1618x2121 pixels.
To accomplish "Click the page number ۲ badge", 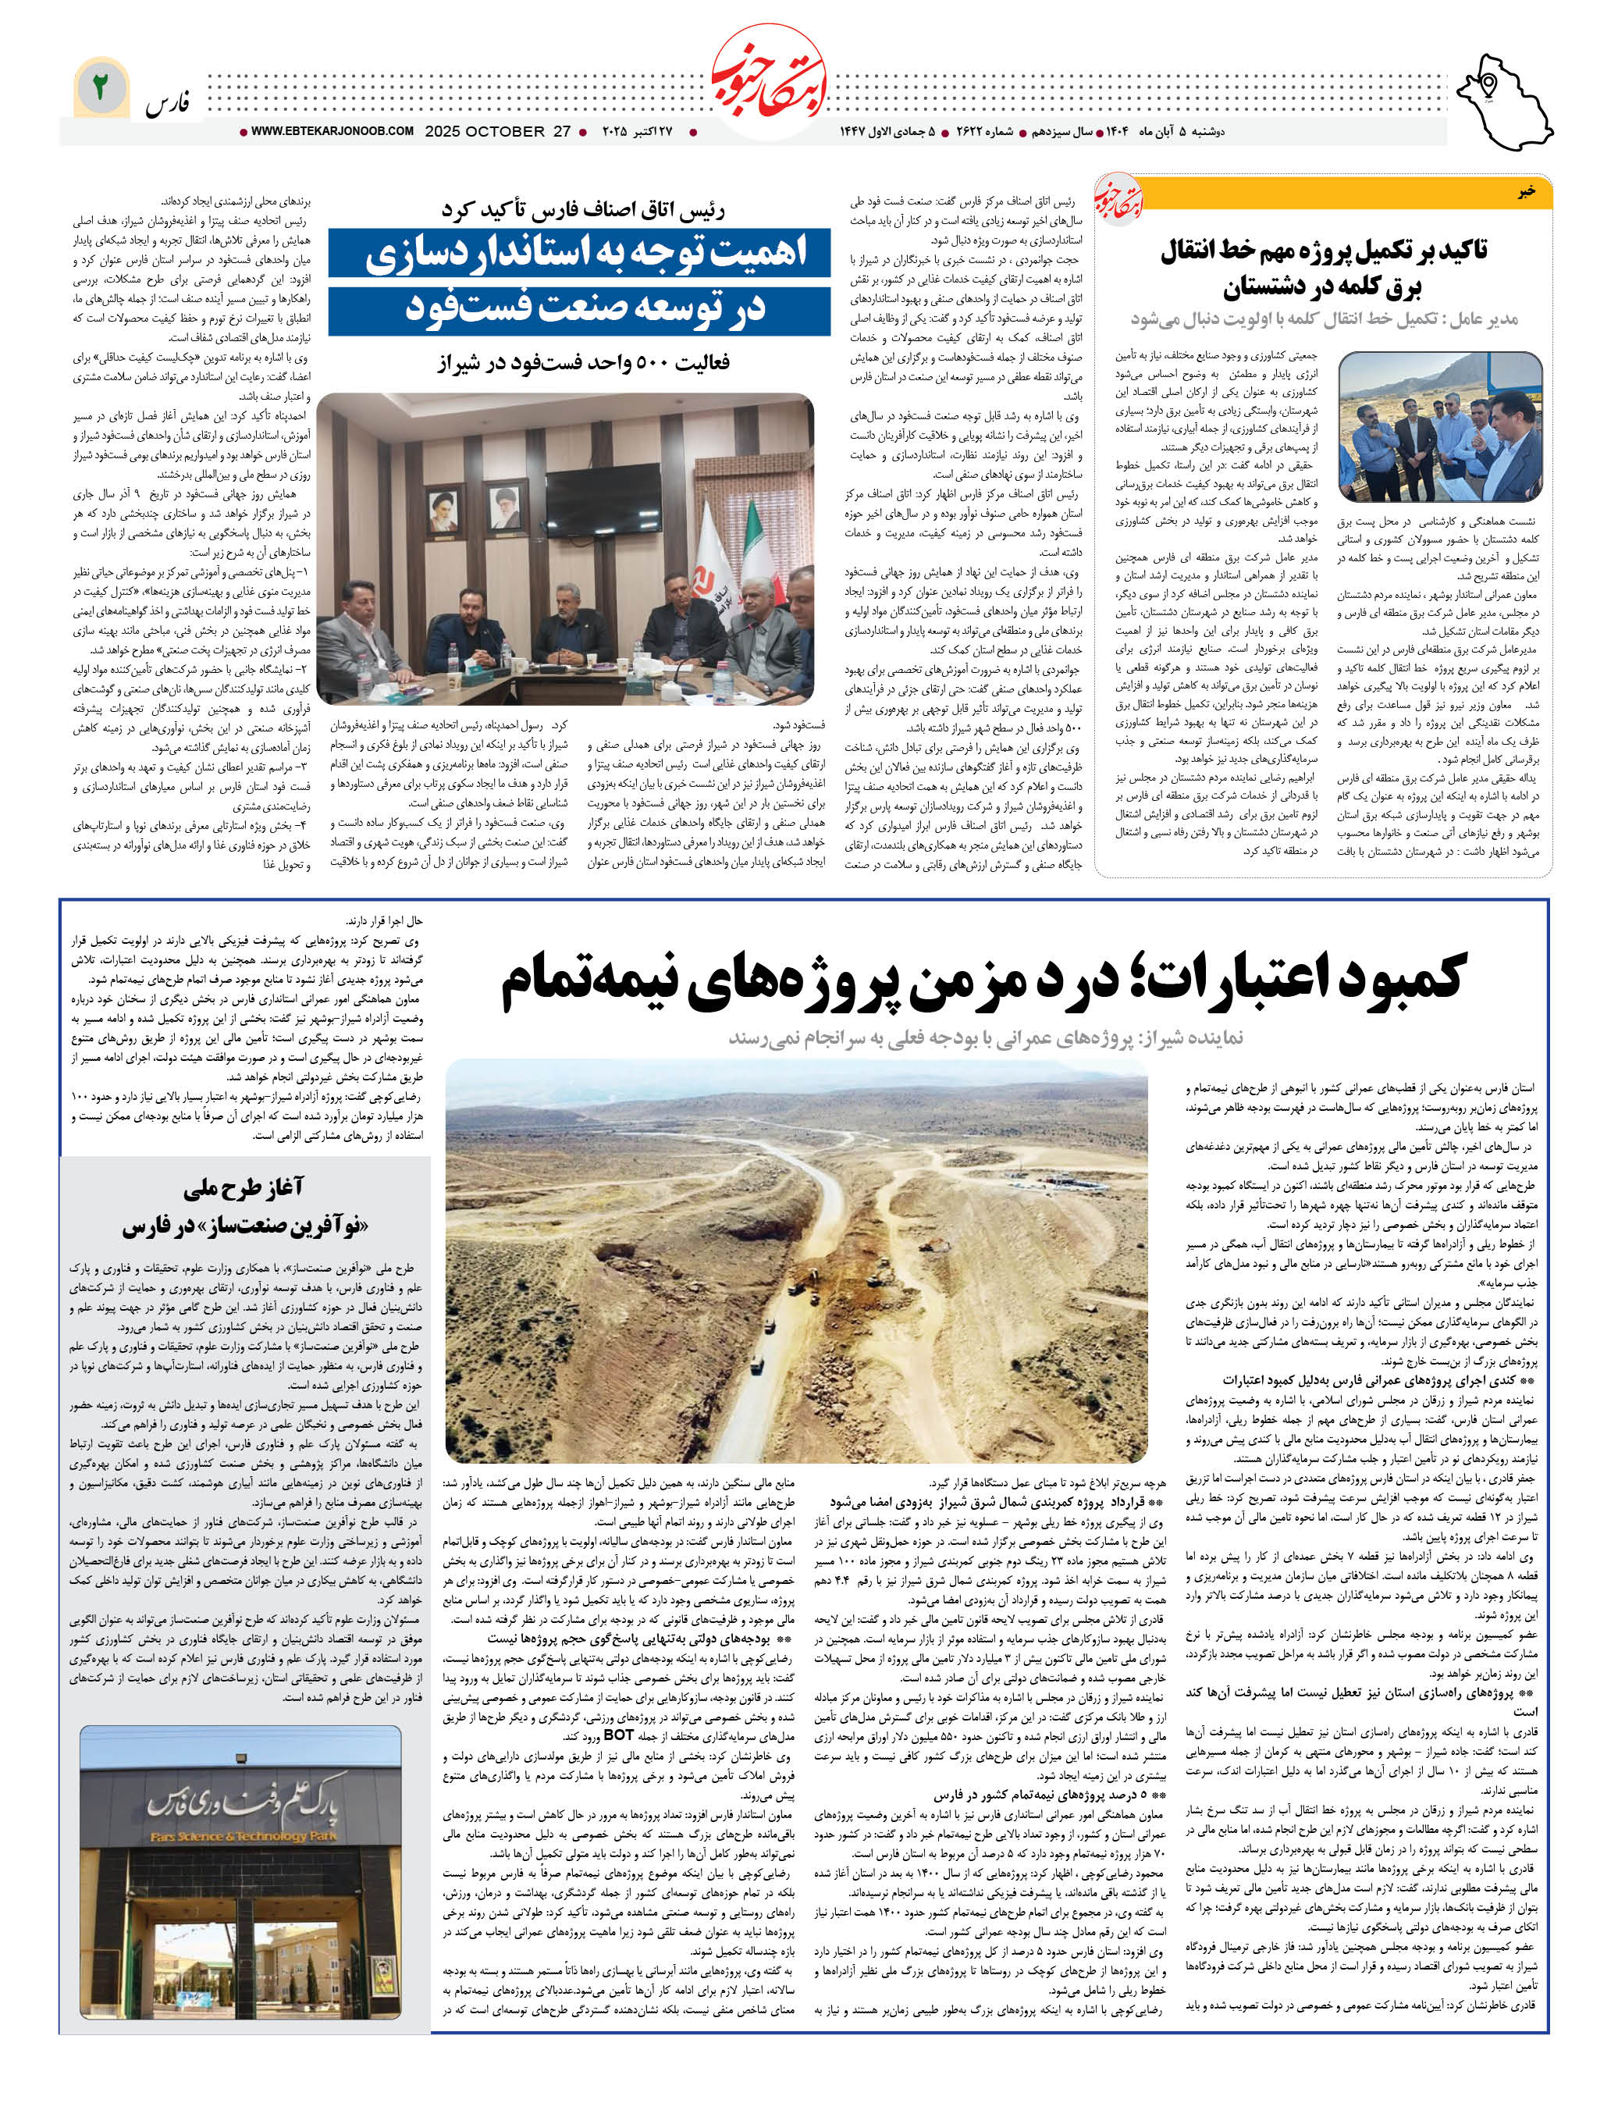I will point(99,89).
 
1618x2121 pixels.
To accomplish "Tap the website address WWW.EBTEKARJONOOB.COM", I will point(331,131).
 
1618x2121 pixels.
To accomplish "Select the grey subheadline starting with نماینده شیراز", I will point(984,1037).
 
